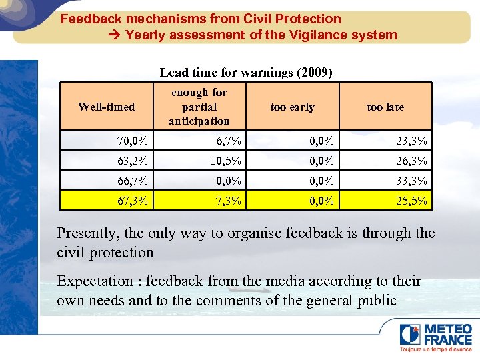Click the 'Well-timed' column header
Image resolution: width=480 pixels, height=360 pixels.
[107, 107]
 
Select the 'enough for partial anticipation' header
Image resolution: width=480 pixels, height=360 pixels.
[199, 107]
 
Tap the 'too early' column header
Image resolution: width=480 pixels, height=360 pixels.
[292, 107]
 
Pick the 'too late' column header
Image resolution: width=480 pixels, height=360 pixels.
[385, 107]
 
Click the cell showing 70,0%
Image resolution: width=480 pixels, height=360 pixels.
[133, 141]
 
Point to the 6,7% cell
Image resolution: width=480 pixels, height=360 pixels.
[229, 141]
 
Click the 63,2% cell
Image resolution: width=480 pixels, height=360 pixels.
[133, 161]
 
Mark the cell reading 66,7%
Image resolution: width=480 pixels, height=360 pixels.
[133, 181]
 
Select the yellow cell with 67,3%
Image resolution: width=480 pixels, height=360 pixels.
[133, 201]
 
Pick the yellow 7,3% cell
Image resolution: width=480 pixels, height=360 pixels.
[229, 201]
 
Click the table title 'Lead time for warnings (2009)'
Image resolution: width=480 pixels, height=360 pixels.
[246, 72]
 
